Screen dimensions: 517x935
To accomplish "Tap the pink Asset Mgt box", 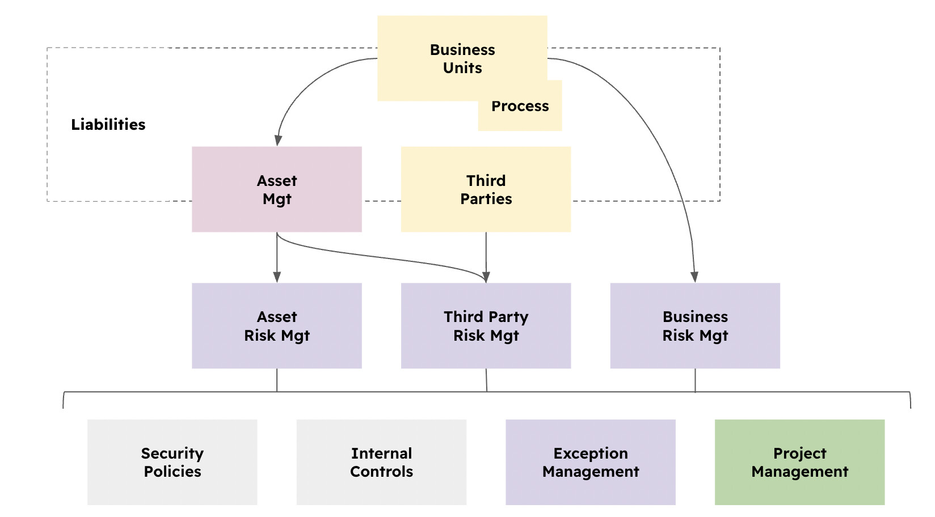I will tap(277, 189).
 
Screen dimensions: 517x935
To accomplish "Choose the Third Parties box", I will tap(486, 189).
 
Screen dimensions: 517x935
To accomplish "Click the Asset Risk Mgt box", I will tap(277, 326).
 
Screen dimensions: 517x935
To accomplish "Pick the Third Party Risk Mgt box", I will tap(486, 326).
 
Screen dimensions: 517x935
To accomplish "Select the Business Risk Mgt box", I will tap(695, 326).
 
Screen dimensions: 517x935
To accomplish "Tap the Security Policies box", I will tap(172, 462).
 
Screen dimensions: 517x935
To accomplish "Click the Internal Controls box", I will tap(381, 462).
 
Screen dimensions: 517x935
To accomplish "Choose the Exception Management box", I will tap(591, 462).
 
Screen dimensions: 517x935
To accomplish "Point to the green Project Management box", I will tap(799, 462).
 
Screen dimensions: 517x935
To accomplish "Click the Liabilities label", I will tap(108, 125).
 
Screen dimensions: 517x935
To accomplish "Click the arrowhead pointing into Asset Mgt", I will tap(278, 140).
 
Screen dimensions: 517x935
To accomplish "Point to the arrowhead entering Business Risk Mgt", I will tap(694, 277).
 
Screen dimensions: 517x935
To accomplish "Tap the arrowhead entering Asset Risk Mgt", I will tap(277, 277).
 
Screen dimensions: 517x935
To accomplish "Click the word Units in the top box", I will tap(462, 68).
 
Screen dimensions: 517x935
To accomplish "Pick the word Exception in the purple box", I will tap(591, 454).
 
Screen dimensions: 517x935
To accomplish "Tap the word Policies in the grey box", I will tap(172, 472).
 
